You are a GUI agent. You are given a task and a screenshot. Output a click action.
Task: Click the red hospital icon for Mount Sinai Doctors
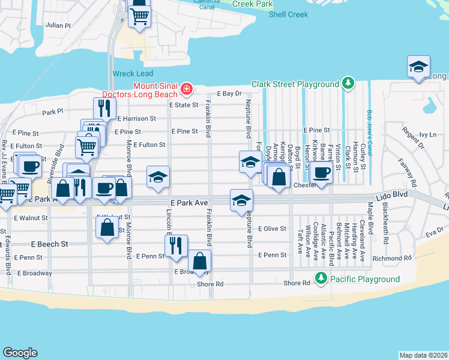click(x=187, y=90)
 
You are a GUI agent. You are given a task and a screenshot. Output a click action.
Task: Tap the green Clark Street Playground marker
click(x=347, y=83)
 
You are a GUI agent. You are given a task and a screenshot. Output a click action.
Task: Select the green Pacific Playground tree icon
click(x=321, y=279)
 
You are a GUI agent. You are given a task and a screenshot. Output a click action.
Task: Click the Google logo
click(x=20, y=353)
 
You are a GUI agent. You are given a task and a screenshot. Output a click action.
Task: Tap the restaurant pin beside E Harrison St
click(x=105, y=108)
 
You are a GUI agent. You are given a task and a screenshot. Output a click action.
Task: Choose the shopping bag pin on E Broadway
click(x=200, y=261)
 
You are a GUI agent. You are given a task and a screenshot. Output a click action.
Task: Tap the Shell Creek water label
click(x=288, y=14)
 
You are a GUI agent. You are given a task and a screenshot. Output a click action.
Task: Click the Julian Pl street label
click(x=58, y=26)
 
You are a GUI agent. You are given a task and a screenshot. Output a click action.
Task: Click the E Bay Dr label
click(x=229, y=94)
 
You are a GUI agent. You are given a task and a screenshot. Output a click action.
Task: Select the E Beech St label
click(x=50, y=244)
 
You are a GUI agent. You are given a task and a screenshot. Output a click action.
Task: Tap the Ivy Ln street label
click(x=428, y=135)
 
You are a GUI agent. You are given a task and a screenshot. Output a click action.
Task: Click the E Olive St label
click(x=272, y=229)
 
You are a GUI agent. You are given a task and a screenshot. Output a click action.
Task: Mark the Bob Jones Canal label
click(x=370, y=139)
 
